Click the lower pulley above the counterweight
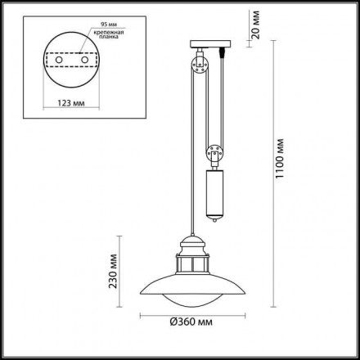coord(214,151)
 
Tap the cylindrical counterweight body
coord(214,189)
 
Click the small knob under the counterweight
coord(214,220)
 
